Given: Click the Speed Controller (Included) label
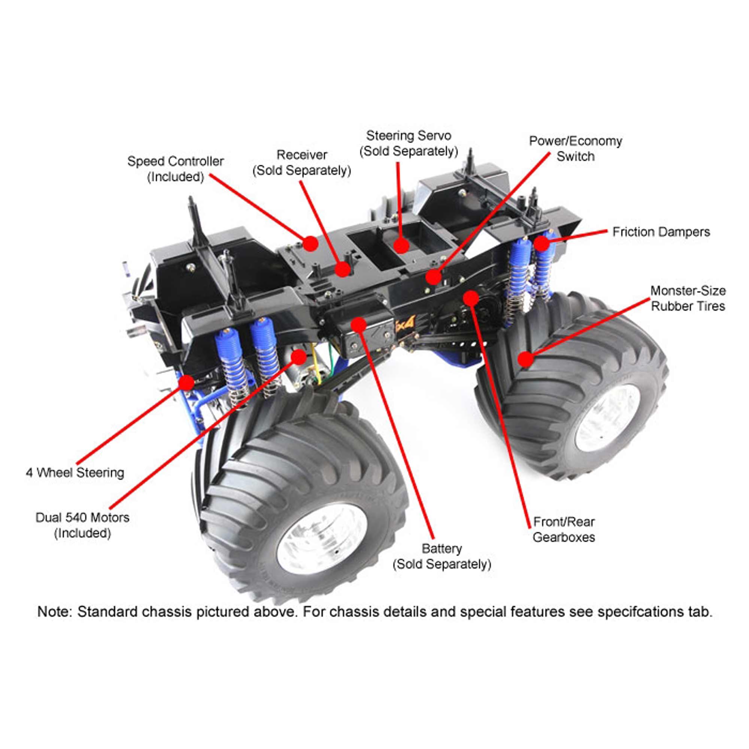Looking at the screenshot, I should pos(175,169).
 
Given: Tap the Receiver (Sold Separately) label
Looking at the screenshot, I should pos(301,163).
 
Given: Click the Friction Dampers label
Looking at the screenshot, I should pos(661,232).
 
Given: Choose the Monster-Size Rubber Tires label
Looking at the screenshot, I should pos(688,298).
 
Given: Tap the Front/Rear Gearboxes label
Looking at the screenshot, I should pos(564,530).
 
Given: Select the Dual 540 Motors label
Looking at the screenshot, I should pos(82,525).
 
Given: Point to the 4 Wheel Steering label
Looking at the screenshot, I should pos(75,473).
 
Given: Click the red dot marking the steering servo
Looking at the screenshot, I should pos(401,246).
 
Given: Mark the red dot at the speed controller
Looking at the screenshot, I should pos(310,243).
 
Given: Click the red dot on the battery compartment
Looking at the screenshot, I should pos(359,324).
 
